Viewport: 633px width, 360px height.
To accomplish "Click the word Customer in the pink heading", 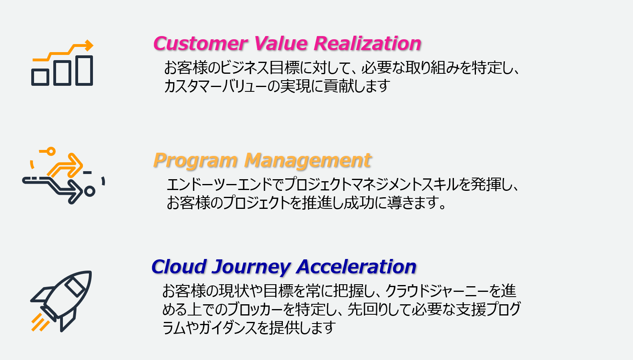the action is click(x=200, y=44).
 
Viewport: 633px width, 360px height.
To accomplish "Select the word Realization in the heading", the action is click(x=367, y=44).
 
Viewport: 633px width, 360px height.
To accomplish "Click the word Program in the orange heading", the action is click(x=196, y=161).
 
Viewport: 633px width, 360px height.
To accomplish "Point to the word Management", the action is click(x=308, y=161).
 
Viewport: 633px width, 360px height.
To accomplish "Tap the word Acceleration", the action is click(x=356, y=267).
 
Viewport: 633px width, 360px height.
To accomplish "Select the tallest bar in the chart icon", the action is click(x=84, y=71).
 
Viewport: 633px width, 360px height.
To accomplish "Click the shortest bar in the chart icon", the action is click(x=40, y=77).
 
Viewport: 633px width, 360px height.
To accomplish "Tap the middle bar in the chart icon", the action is click(x=62, y=73).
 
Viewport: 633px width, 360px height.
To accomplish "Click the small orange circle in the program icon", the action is click(x=50, y=151).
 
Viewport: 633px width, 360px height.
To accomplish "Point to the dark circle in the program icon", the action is click(x=90, y=191).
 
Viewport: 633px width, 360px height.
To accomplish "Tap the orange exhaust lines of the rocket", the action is click(x=40, y=322).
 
